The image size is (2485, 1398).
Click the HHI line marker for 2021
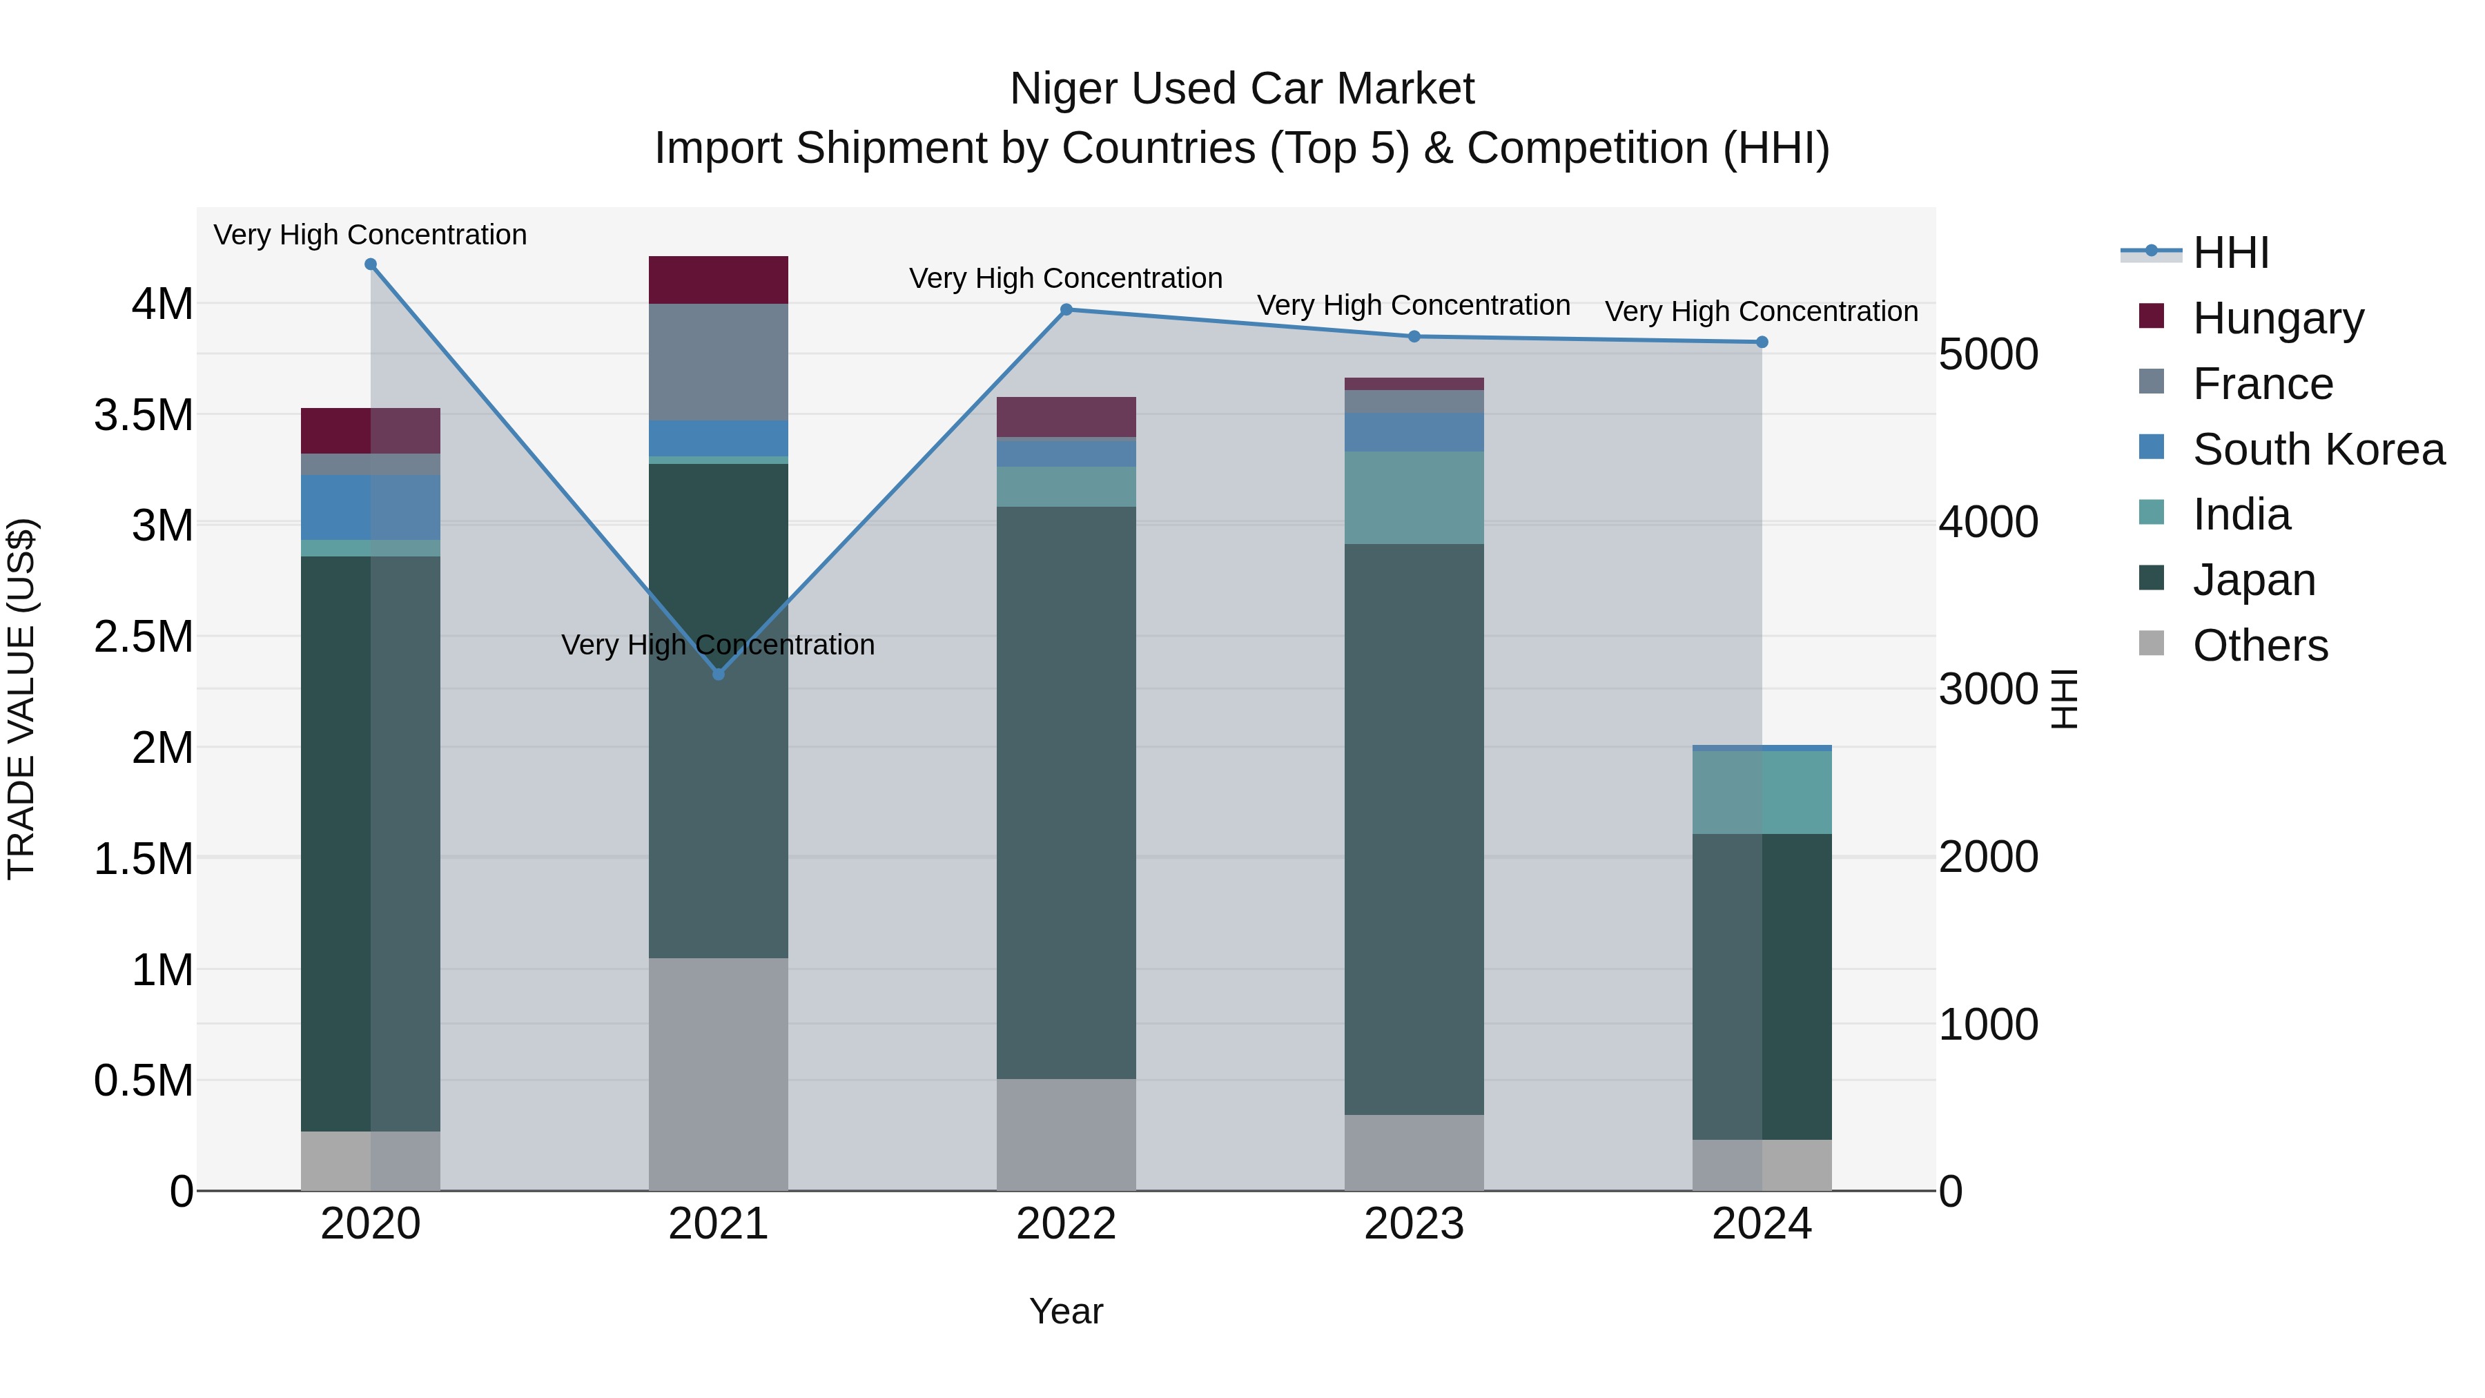point(718,673)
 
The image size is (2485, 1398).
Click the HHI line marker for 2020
point(371,264)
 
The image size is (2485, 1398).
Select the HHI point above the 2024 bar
point(1762,342)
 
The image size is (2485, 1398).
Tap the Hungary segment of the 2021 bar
point(718,280)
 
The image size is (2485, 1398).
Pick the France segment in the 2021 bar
point(718,362)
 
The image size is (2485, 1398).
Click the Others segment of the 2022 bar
point(1066,1134)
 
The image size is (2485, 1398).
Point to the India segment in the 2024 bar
point(1762,792)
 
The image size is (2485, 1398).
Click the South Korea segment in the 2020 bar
point(371,507)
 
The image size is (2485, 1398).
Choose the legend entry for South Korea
point(2317,449)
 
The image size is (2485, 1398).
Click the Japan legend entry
point(2254,580)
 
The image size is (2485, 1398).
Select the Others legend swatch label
point(2259,645)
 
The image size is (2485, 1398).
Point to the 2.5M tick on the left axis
point(143,637)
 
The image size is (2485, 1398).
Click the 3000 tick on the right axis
point(1987,689)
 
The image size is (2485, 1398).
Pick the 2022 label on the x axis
point(1066,1224)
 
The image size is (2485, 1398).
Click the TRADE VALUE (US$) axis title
point(22,699)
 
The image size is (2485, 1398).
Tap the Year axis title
point(1066,1311)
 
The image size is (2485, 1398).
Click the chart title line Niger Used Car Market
point(1242,89)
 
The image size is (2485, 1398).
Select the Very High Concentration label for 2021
point(718,645)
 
